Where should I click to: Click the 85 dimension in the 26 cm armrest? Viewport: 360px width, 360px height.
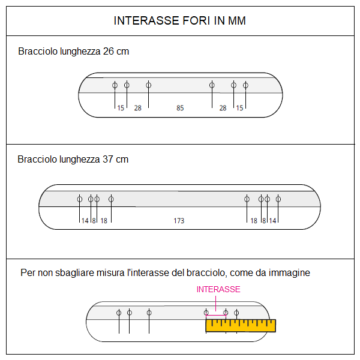[x=180, y=108]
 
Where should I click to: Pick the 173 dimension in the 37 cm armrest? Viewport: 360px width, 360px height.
[x=179, y=221]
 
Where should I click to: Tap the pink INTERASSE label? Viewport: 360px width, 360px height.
[x=218, y=289]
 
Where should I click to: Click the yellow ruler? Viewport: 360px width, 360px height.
[x=240, y=326]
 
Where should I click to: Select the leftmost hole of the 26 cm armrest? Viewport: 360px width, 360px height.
[x=115, y=85]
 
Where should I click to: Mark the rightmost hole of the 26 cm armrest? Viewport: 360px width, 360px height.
[x=245, y=85]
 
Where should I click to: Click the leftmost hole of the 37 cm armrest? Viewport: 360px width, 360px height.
[x=80, y=199]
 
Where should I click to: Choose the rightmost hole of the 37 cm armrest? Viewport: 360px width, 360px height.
[x=278, y=199]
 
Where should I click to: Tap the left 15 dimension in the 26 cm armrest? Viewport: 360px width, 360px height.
[x=121, y=108]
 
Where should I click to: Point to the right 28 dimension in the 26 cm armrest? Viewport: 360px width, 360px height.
[x=223, y=108]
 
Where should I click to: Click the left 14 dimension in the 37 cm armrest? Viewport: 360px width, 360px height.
[x=85, y=221]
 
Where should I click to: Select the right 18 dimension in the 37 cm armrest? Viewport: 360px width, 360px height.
[x=254, y=221]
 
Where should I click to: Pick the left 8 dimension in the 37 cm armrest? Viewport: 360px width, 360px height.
[x=94, y=221]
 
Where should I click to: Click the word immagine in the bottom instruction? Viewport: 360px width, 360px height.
[x=292, y=273]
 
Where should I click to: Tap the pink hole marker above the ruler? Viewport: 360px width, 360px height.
[x=226, y=313]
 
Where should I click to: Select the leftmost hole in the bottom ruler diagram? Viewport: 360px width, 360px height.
[x=119, y=313]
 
